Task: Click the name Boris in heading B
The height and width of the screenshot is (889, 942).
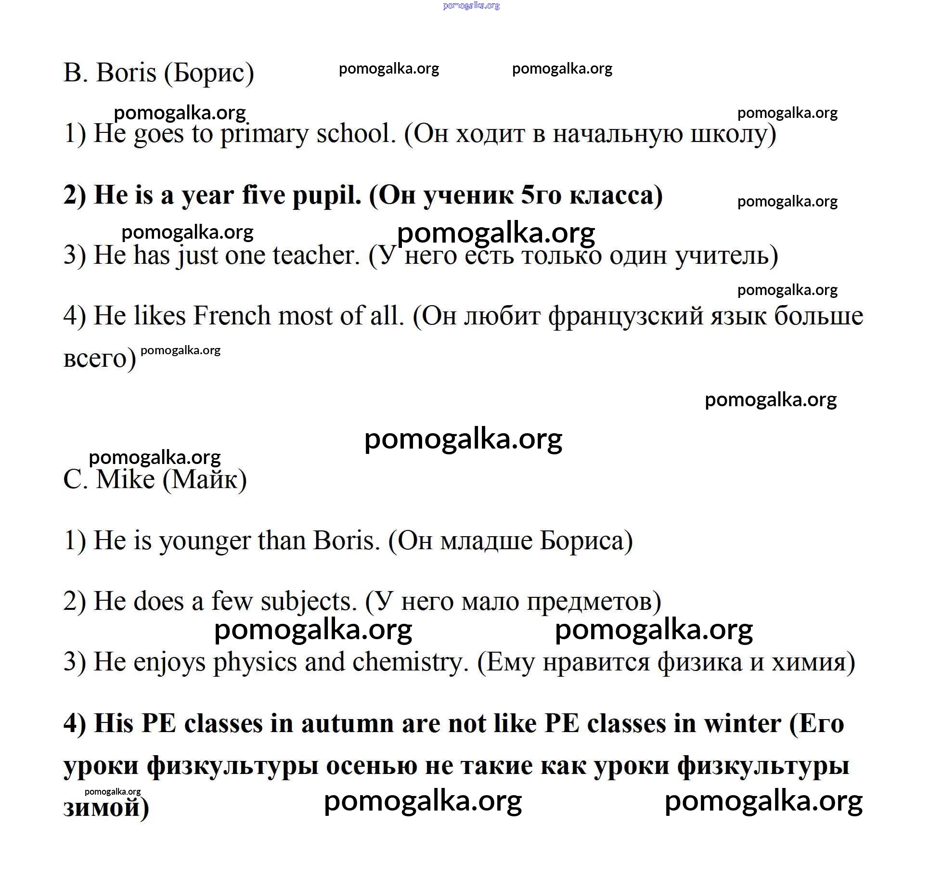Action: [x=126, y=73]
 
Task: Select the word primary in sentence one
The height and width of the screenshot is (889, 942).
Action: [x=264, y=134]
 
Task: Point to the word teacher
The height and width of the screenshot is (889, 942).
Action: [x=316, y=255]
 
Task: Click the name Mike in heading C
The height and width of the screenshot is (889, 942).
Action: [x=126, y=479]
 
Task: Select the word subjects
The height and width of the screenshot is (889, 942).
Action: [x=308, y=602]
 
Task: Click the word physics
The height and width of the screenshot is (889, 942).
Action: [x=255, y=662]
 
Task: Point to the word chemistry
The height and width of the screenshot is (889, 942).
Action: [x=410, y=662]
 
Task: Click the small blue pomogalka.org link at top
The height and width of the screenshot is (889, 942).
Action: [x=471, y=6]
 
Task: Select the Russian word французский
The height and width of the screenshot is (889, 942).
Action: [x=626, y=317]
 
